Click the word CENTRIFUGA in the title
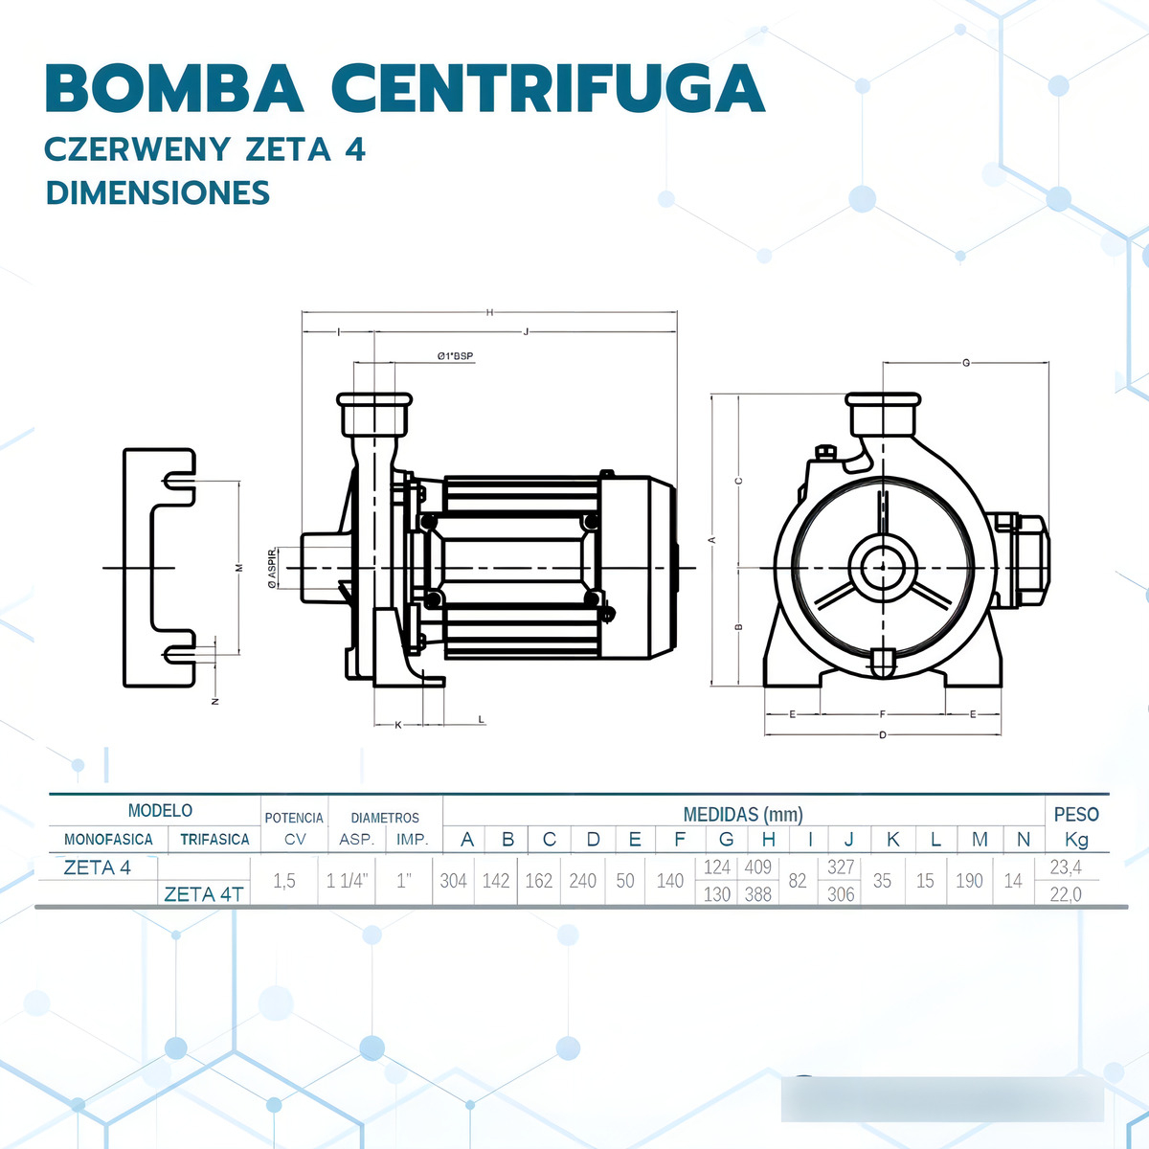[x=548, y=89]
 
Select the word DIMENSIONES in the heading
[x=158, y=192]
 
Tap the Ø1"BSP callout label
[x=455, y=356]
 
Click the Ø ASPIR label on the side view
[x=272, y=567]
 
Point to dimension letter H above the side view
[x=489, y=312]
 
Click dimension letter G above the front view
[x=965, y=363]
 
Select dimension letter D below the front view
[x=883, y=735]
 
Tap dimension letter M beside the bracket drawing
[x=239, y=568]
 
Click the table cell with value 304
[x=453, y=880]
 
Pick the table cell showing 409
[x=757, y=867]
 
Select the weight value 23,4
[x=1066, y=867]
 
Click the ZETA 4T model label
[x=204, y=894]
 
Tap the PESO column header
[x=1076, y=814]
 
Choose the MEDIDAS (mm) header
[x=742, y=815]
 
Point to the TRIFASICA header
[x=214, y=840]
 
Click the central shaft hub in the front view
[x=882, y=568]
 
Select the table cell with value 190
[x=969, y=880]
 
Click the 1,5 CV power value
[x=284, y=880]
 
